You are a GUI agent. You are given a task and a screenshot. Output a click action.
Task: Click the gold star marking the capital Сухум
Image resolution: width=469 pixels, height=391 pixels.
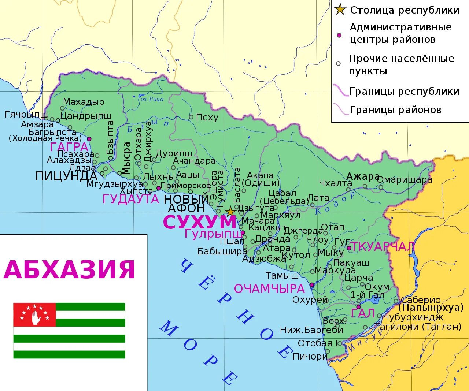230,211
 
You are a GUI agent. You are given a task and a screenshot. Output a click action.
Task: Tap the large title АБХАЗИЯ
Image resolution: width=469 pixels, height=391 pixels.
70,270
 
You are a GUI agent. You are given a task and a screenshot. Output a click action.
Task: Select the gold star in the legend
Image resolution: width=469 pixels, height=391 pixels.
340,10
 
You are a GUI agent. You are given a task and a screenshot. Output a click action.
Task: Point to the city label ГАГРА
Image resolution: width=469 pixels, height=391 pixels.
69,147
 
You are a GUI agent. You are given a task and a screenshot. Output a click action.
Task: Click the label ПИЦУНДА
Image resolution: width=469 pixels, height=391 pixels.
66,176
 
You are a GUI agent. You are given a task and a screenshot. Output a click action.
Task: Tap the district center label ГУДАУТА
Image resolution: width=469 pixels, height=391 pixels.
130,199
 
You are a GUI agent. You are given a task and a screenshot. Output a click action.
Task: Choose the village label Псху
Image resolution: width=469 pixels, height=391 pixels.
207,118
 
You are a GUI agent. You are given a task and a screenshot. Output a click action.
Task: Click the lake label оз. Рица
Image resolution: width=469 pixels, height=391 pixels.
152,99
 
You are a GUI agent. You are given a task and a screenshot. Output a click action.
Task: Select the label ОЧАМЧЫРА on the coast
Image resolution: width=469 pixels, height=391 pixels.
269,289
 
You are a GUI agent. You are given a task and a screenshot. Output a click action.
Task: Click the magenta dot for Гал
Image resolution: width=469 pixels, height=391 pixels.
358,307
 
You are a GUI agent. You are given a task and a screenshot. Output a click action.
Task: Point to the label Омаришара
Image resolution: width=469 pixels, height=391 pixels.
405,180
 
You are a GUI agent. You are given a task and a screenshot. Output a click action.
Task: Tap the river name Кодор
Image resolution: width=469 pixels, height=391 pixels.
336,203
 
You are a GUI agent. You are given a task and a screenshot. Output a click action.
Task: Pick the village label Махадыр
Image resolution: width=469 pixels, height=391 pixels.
84,102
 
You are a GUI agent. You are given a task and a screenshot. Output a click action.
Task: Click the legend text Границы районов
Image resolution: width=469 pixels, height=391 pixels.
395,110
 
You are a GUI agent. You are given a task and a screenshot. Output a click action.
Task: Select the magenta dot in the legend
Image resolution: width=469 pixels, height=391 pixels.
339,35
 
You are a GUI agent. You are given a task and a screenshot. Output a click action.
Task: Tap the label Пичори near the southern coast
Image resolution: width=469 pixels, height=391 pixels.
310,356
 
